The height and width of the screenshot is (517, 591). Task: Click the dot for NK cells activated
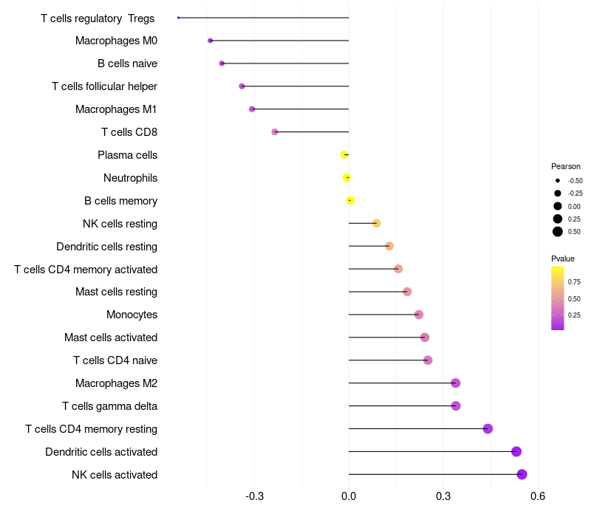coord(522,474)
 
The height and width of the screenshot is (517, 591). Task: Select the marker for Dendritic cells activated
coord(516,451)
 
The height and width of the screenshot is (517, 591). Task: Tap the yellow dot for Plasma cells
coord(344,154)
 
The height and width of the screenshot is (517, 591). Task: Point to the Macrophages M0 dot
coord(211,41)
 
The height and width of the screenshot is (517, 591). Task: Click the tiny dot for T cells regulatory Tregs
coord(179,18)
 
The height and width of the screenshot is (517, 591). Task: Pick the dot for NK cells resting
coord(377,223)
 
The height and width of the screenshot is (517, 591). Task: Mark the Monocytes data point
coord(419,315)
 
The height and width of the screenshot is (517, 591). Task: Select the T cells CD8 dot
coord(275,131)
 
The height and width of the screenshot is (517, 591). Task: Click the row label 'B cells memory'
coord(120,201)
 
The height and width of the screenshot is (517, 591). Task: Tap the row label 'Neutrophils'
coord(130,178)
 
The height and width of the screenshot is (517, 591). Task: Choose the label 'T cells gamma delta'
coord(109,406)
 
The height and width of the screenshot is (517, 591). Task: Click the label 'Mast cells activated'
coord(111,338)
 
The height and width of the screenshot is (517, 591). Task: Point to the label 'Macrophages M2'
coord(116,383)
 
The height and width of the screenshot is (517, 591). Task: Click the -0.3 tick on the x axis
coord(254,495)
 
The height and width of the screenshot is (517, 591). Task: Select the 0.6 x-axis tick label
coord(538,495)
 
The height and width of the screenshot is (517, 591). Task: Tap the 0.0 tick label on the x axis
coord(349,495)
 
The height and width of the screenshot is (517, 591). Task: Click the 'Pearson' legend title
coord(566,166)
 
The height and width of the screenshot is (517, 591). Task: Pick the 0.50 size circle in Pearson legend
coord(558,232)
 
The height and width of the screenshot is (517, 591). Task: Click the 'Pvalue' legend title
coord(563,258)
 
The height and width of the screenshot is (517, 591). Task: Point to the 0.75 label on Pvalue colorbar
coord(574,281)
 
